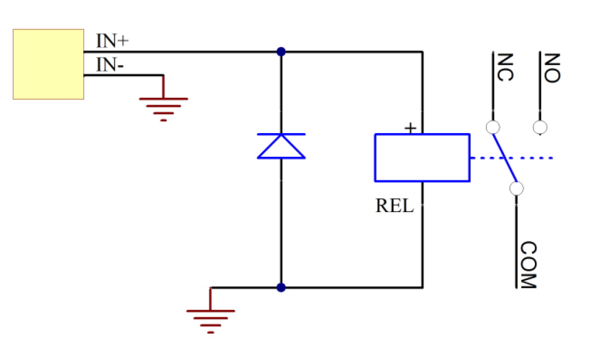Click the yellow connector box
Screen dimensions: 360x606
pyautogui.click(x=48, y=64)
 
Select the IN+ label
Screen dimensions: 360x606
pyautogui.click(x=112, y=41)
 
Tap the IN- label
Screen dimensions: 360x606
pyautogui.click(x=110, y=65)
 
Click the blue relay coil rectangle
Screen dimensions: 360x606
pyautogui.click(x=422, y=157)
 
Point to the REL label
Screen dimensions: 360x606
pyautogui.click(x=395, y=206)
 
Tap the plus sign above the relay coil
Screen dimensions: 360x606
pyautogui.click(x=410, y=128)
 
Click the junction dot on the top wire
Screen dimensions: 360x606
pyautogui.click(x=281, y=52)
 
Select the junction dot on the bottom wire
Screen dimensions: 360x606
pyautogui.click(x=281, y=287)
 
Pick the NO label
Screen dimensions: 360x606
pyautogui.click(x=552, y=67)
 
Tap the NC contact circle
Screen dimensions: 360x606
pyautogui.click(x=493, y=127)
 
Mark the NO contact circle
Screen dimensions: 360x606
pyautogui.click(x=540, y=128)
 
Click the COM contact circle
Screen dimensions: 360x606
pyautogui.click(x=516, y=188)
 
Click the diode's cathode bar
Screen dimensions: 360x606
pyautogui.click(x=281, y=134)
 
